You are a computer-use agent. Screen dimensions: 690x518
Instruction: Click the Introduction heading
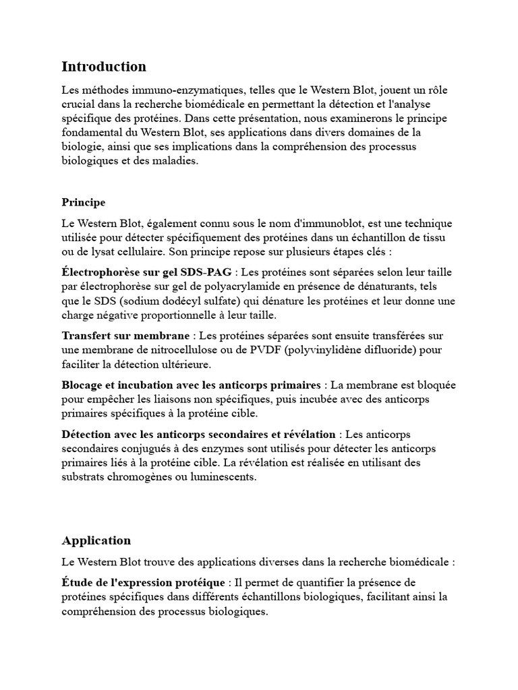[104, 67]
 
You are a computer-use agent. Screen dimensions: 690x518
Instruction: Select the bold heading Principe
[84, 202]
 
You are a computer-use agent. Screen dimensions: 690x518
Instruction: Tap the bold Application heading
[96, 540]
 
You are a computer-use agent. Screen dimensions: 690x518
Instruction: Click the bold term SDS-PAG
[206, 272]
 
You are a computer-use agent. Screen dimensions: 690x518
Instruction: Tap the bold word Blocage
[84, 385]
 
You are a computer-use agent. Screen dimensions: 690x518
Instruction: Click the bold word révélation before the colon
[308, 434]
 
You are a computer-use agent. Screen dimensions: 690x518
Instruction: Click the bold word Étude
[78, 582]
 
